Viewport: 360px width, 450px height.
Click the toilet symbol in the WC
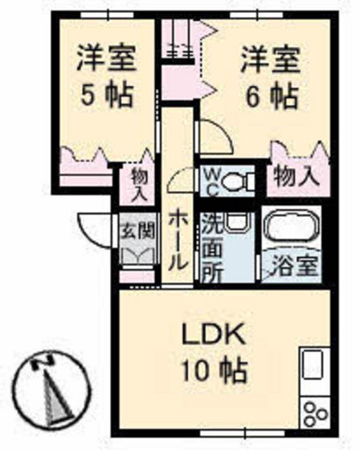click(x=238, y=181)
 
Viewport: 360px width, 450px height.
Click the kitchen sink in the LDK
click(x=313, y=363)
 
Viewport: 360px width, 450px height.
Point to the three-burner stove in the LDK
click(x=315, y=414)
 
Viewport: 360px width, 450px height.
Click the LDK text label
click(x=215, y=334)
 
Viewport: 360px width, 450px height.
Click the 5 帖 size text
click(x=107, y=95)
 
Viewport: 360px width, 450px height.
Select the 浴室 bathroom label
click(x=295, y=266)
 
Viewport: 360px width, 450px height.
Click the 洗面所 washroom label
click(x=212, y=247)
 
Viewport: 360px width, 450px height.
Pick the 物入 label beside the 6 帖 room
click(x=296, y=176)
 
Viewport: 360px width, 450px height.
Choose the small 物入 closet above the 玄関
click(x=139, y=185)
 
